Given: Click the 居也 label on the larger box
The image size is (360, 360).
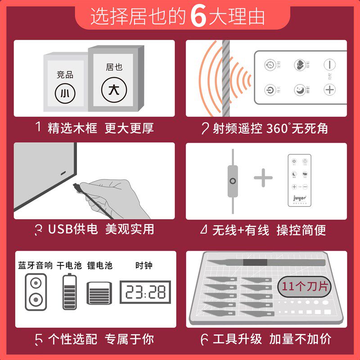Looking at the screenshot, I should pos(114,67).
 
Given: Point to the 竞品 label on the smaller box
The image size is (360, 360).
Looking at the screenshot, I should pos(65,75).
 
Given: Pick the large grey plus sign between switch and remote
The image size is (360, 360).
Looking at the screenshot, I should pos(263,179).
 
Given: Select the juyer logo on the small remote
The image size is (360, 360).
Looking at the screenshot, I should pos(300,197).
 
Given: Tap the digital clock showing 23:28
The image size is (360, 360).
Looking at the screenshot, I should pos(145,292).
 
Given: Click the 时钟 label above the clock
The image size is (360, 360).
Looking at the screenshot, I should pos(144,265).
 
